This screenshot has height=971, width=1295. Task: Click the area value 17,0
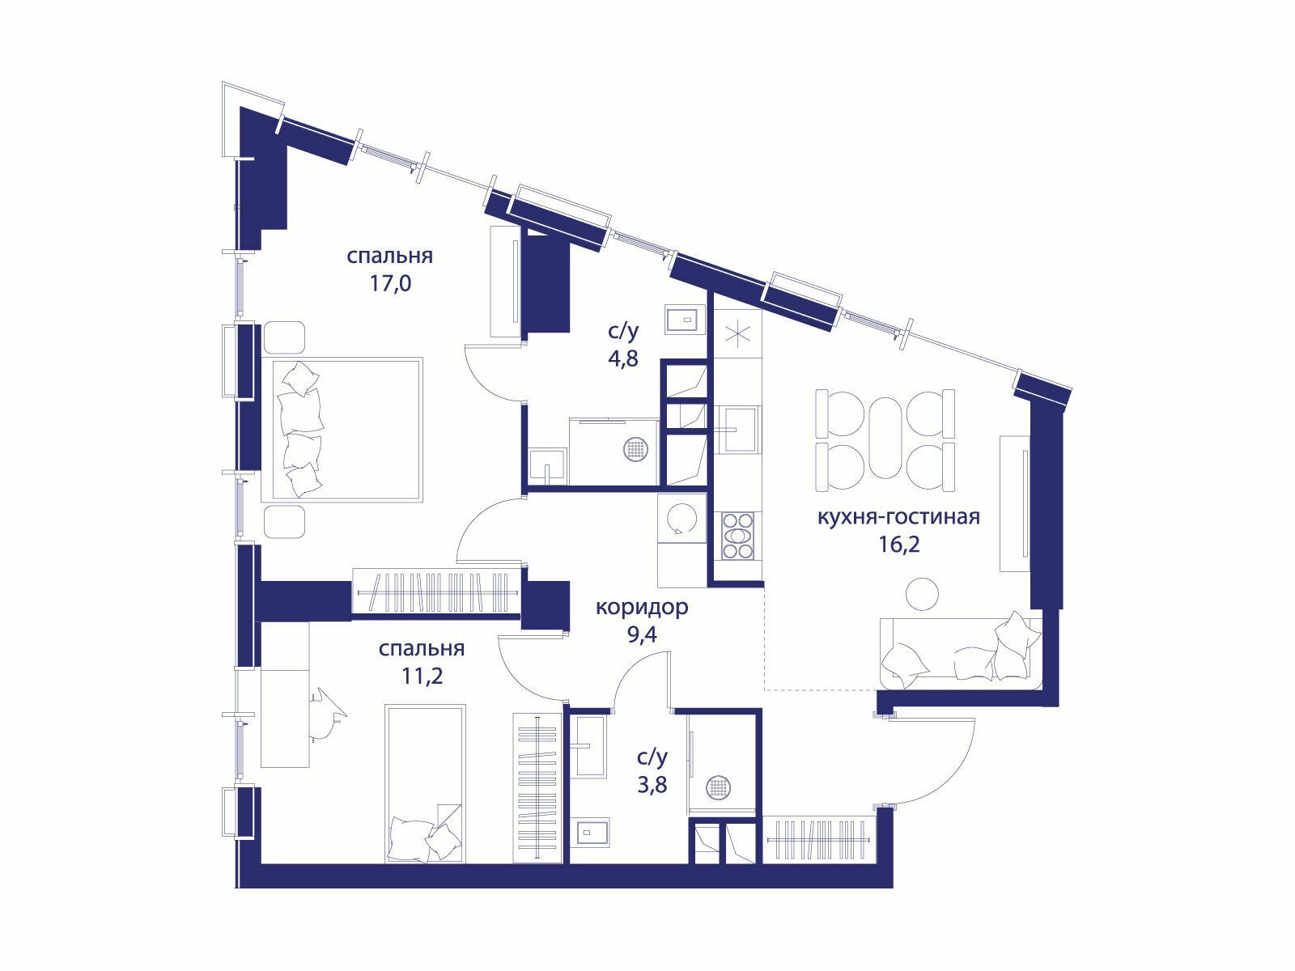coord(390,283)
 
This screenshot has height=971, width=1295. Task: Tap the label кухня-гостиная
coord(898,517)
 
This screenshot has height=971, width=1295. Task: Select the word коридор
coord(642,607)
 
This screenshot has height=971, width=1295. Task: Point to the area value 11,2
coord(422,676)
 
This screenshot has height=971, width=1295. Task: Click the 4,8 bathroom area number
coord(623,358)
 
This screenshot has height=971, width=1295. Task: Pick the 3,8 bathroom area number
coord(652,785)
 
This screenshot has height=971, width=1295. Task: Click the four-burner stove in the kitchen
coord(738,536)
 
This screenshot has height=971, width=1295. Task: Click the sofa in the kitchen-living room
coord(961,653)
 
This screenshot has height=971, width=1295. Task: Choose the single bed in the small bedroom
coord(426,783)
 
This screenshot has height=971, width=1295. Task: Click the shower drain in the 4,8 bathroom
coord(635,450)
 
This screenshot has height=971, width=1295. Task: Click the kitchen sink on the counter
coord(737,430)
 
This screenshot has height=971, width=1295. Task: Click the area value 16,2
coord(899,544)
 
